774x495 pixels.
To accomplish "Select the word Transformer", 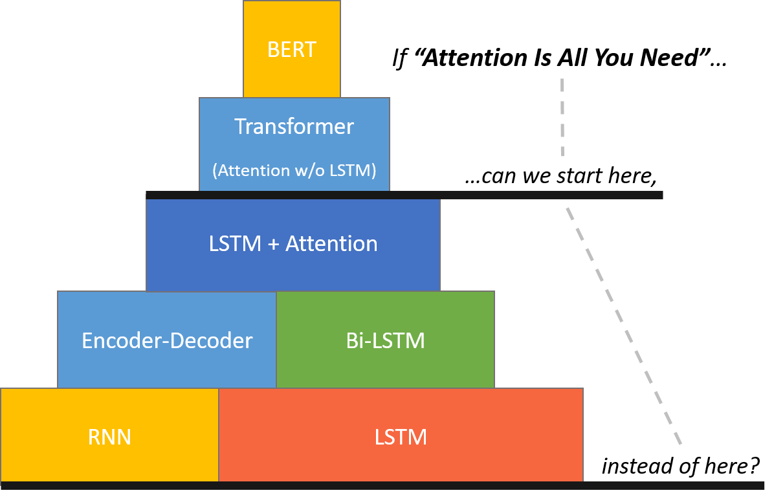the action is point(294,126).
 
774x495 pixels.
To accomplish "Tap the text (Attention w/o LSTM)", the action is point(294,170).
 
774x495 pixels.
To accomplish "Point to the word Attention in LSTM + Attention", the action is point(332,244).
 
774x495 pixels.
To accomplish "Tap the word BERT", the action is point(291,50).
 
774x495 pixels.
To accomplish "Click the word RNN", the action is point(109,437).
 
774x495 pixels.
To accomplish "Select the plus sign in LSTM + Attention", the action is point(273,245).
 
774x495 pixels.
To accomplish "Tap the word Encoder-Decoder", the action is point(167,341).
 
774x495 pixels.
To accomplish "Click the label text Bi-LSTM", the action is point(385,341).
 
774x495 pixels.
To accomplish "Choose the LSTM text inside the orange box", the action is point(401,437).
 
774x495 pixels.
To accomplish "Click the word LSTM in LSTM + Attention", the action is point(235,244).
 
